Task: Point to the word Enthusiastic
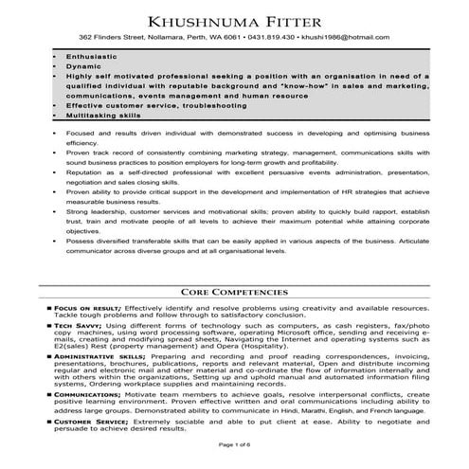(x=91, y=58)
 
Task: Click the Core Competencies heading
(x=234, y=294)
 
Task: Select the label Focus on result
(x=86, y=309)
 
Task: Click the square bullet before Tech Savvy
(x=48, y=325)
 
